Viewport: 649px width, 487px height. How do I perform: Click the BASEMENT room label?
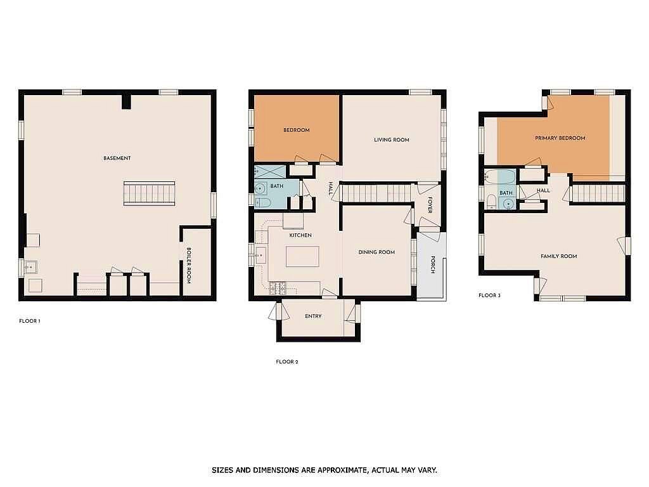[117, 158]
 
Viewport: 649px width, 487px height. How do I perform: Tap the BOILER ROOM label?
[188, 265]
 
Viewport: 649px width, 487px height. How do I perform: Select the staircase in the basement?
[149, 193]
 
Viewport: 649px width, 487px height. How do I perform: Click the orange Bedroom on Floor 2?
[296, 129]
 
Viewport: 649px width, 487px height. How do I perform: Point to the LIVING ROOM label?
[391, 140]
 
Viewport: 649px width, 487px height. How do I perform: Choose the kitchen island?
[302, 256]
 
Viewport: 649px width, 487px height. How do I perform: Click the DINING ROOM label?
[376, 252]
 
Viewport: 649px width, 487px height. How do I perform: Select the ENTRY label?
[313, 316]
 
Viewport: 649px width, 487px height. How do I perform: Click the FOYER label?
[429, 205]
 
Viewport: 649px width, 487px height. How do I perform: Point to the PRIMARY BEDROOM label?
[560, 138]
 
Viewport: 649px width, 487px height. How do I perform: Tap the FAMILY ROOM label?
[558, 256]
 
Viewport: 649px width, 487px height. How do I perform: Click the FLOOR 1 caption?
[30, 321]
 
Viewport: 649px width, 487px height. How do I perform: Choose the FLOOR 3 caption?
[489, 295]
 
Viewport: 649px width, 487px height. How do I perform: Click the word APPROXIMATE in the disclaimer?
[336, 470]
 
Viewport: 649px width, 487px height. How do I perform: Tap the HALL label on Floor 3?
[543, 190]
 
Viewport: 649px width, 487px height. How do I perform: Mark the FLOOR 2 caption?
[286, 362]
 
